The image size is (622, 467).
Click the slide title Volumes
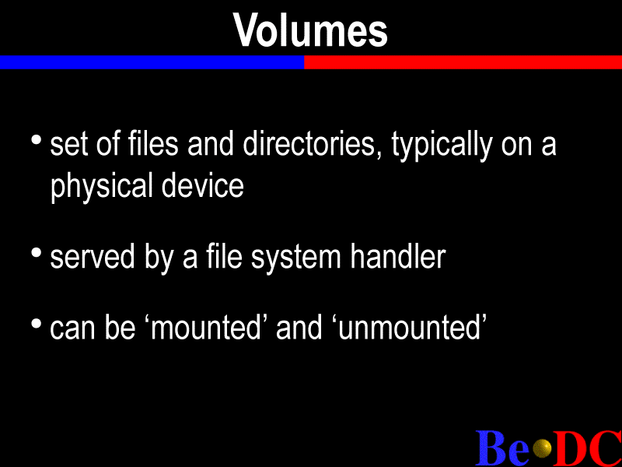point(310,30)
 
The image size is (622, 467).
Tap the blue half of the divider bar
point(152,62)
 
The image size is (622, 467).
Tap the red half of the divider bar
point(463,62)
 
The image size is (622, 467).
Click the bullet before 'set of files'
point(36,140)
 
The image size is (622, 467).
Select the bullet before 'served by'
point(36,252)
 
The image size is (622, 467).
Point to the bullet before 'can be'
point(36,323)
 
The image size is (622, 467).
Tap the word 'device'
point(202,186)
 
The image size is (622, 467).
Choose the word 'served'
point(93,257)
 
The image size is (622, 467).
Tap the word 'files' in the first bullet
point(153,143)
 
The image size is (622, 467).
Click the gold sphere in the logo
point(542,449)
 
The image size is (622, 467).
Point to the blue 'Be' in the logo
point(502,448)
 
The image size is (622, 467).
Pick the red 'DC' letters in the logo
point(588,448)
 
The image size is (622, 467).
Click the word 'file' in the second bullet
point(224,257)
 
